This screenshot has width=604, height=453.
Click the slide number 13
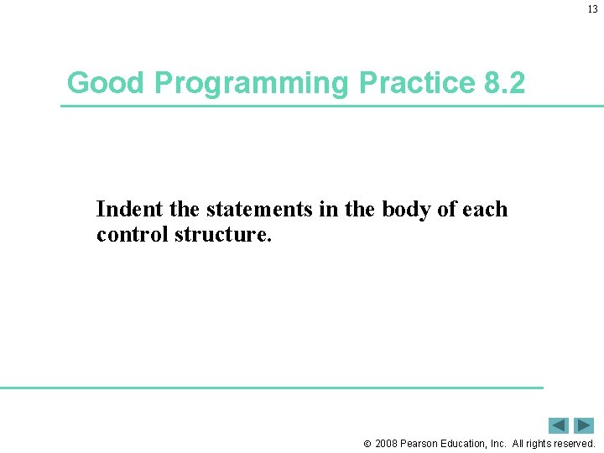pos(592,10)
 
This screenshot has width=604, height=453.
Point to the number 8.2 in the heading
pos(505,83)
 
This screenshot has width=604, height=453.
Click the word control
pos(133,234)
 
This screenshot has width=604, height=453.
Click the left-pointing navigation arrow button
pos(559,425)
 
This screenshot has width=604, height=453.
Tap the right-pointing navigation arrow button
pos(584,425)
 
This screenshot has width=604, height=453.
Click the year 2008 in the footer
pos(388,443)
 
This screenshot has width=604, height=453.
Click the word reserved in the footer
pos(573,443)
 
